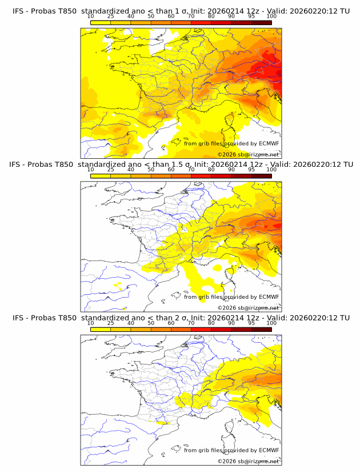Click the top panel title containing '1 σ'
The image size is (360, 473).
click(181, 10)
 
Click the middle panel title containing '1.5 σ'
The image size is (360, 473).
click(181, 164)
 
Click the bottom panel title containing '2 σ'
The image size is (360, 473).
click(181, 318)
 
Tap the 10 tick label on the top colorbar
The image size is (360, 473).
click(90, 17)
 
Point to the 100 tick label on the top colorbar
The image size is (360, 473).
click(271, 17)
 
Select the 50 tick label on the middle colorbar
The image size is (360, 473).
click(151, 170)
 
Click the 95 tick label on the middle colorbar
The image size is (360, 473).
click(251, 170)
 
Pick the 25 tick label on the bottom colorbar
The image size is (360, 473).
click(110, 323)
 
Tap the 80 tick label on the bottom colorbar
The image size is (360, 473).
click(211, 323)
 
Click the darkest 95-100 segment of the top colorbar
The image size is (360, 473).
click(261, 22)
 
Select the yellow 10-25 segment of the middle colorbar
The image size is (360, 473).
click(101, 176)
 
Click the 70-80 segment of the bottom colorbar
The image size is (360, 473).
click(201, 330)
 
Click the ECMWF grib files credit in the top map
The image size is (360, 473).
click(231, 143)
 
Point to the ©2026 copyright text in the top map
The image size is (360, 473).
click(249, 154)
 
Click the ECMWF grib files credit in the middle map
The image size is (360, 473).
click(231, 297)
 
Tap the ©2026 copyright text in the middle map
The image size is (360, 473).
click(249, 308)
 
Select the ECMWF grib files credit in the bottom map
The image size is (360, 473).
click(231, 451)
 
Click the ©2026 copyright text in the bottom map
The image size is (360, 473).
click(249, 462)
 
